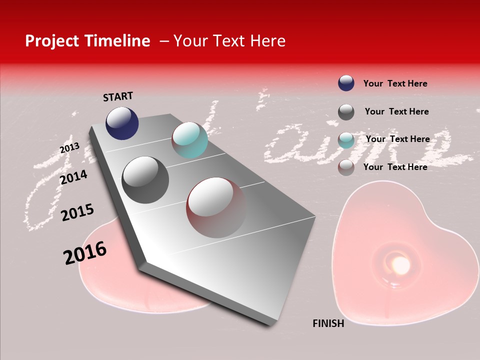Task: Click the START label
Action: click(x=118, y=96)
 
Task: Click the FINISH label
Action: click(x=328, y=323)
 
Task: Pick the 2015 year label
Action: click(x=77, y=212)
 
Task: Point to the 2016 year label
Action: click(x=85, y=253)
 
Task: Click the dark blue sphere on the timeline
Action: click(x=122, y=123)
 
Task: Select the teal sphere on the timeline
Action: click(x=189, y=140)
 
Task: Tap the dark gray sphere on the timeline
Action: click(x=145, y=179)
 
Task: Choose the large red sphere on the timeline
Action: click(x=216, y=207)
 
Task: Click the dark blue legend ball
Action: click(x=346, y=83)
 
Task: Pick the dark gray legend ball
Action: click(x=346, y=112)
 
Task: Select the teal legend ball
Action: click(x=346, y=140)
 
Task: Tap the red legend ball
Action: click(x=346, y=167)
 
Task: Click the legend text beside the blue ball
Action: click(x=395, y=83)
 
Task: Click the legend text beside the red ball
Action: click(x=395, y=167)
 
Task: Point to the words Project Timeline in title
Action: click(x=87, y=41)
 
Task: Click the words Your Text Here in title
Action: click(x=229, y=41)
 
